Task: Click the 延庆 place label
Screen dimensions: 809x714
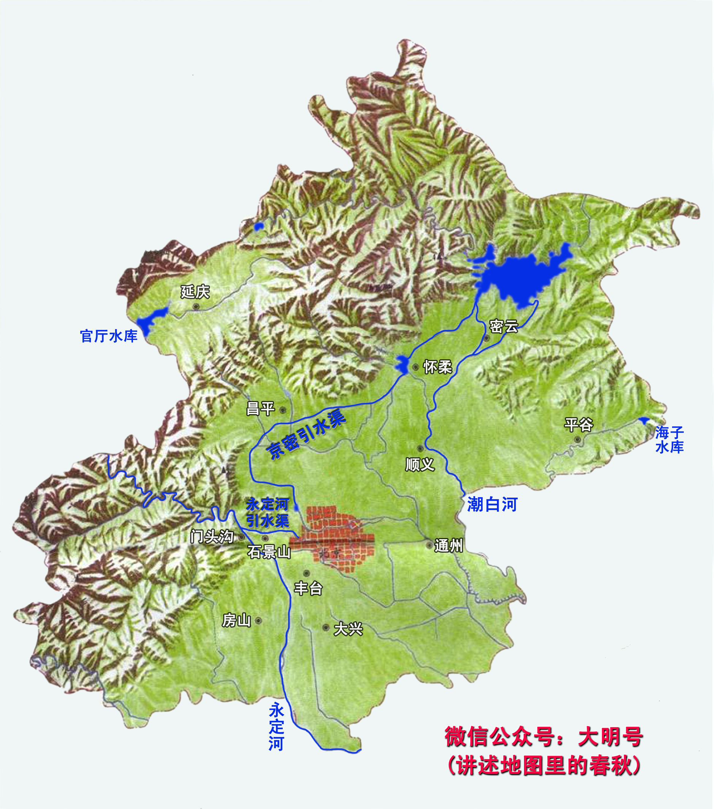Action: (x=195, y=292)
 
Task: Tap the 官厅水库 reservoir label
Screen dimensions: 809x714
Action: (x=109, y=336)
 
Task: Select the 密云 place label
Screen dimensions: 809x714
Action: (x=503, y=327)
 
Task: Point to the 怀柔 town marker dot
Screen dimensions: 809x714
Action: (x=415, y=367)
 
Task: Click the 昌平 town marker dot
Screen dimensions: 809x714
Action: (x=282, y=410)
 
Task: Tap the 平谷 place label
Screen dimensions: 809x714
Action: (x=578, y=425)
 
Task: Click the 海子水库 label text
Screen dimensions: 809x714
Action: (x=669, y=439)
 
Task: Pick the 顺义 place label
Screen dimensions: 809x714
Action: (x=420, y=464)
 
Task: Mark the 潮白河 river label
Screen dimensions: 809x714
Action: (x=492, y=504)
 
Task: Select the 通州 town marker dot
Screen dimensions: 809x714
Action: (x=429, y=546)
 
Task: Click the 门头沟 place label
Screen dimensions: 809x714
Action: (x=212, y=537)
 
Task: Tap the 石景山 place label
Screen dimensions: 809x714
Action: (x=269, y=552)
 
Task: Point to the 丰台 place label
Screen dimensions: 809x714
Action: (x=308, y=589)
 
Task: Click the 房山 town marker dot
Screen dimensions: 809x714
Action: (x=258, y=620)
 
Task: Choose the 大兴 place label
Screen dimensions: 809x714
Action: (x=348, y=629)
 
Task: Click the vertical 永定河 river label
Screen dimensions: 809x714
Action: (x=276, y=727)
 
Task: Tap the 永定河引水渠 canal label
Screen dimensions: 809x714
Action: (x=268, y=513)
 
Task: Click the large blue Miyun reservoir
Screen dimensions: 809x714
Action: (x=518, y=277)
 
